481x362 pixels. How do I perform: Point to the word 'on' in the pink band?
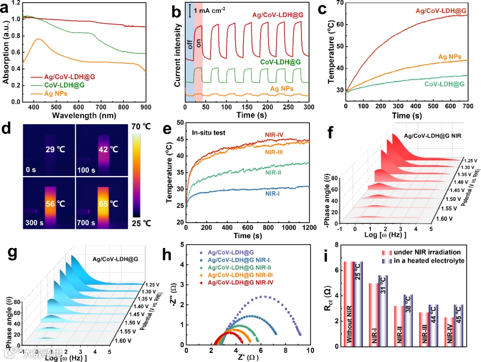pyautogui.click(x=199, y=43)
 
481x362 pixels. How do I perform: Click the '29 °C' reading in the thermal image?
pyautogui.click(x=56, y=150)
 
